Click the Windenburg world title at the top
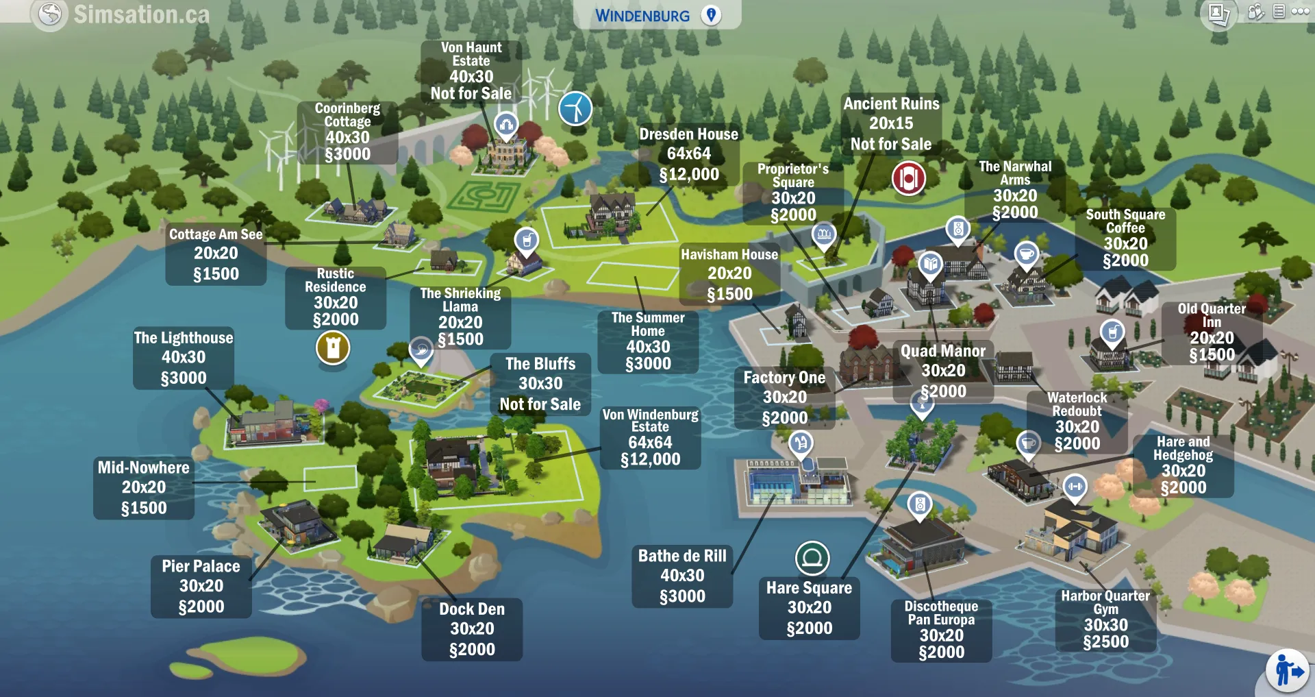pos(642,16)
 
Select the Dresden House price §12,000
pos(689,175)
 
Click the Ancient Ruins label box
pos(891,123)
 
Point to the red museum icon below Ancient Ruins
pos(908,179)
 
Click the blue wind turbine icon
pos(575,108)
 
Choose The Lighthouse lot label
pos(184,357)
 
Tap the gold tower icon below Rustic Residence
pos(333,348)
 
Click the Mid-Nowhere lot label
pos(144,487)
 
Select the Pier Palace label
pos(201,586)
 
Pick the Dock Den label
pos(472,628)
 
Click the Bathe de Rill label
pos(682,576)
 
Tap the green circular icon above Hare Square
pos(812,558)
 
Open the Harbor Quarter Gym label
pos(1105,618)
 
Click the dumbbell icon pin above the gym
pos(1075,487)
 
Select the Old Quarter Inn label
pos(1212,332)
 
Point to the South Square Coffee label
pos(1125,238)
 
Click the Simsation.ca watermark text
pos(141,14)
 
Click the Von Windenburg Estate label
pos(650,437)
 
